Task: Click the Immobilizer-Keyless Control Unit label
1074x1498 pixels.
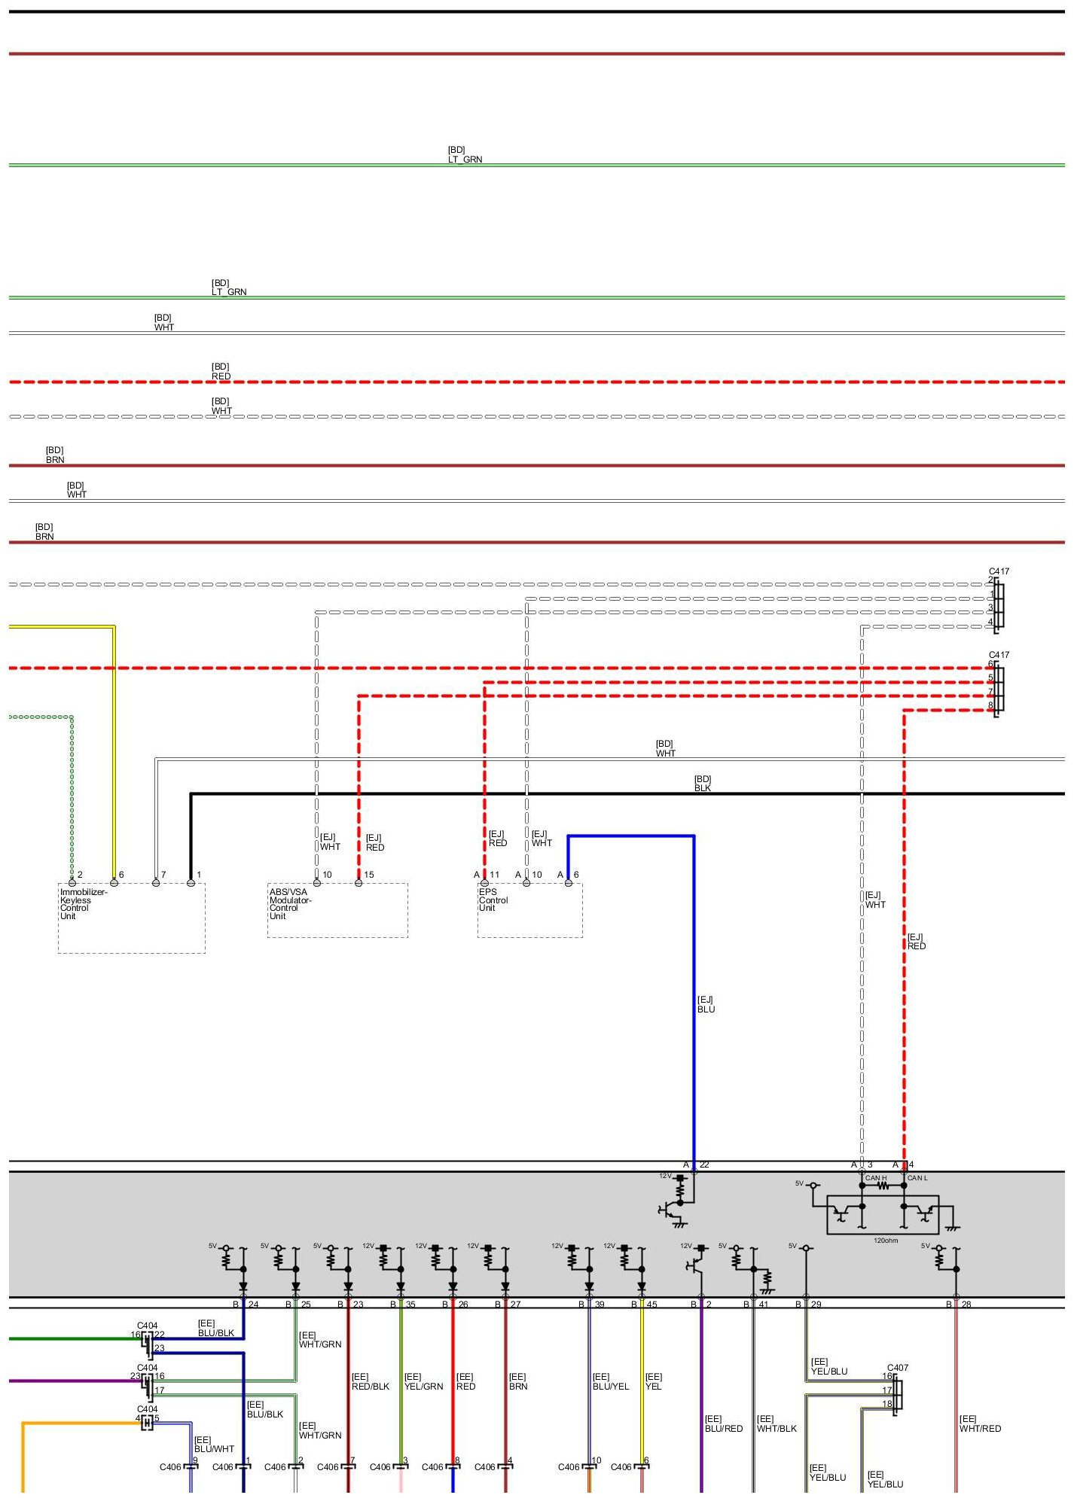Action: point(83,903)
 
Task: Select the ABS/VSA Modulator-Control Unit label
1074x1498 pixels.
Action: point(290,903)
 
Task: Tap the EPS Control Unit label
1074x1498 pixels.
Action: point(493,900)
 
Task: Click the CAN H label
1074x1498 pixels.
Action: point(875,1178)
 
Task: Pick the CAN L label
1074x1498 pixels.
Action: point(917,1178)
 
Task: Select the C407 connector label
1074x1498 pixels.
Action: point(898,1368)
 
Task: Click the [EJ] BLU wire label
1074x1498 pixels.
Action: point(706,1004)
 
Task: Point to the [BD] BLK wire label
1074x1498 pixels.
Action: point(702,784)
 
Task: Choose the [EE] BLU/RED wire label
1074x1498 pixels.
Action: point(723,1423)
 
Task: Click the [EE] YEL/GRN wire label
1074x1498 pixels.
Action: point(423,1381)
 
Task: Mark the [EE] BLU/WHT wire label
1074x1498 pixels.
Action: point(214,1444)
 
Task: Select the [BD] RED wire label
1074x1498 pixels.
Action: point(221,372)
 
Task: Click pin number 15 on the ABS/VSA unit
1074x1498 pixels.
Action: point(369,875)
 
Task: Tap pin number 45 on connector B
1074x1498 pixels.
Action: point(651,1305)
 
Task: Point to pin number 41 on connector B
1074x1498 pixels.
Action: point(764,1305)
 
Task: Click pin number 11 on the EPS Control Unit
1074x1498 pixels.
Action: point(495,875)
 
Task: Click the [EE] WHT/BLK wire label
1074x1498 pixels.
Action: point(777,1423)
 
